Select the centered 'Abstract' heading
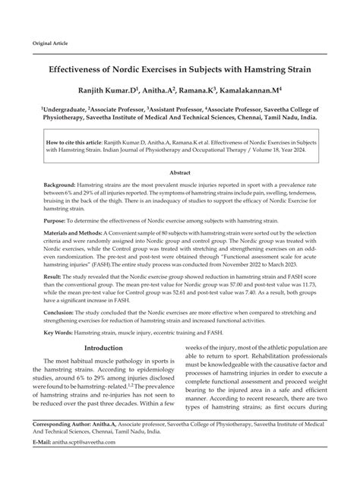pyautogui.click(x=179, y=172)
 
